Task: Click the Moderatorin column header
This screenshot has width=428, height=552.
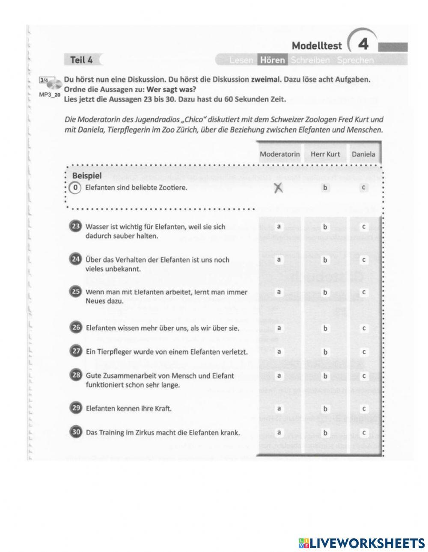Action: (x=279, y=154)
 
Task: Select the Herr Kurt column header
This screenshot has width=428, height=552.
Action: (x=325, y=154)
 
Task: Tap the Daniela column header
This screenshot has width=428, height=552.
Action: (x=363, y=154)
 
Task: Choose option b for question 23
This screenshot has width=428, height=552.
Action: (x=325, y=227)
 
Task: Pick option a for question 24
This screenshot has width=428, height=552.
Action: (x=279, y=260)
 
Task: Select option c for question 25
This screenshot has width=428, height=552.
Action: (x=363, y=292)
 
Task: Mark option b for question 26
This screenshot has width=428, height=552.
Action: (x=325, y=328)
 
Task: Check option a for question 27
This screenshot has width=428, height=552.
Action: (x=279, y=352)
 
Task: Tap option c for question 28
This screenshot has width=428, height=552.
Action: (x=363, y=376)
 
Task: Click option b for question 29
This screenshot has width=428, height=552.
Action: (x=325, y=408)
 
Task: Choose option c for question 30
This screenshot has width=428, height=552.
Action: (x=363, y=433)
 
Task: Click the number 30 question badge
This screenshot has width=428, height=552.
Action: (x=75, y=432)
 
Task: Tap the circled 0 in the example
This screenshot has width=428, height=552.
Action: (x=75, y=188)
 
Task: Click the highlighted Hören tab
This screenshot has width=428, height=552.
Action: (x=272, y=60)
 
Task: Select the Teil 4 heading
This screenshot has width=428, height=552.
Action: (x=81, y=60)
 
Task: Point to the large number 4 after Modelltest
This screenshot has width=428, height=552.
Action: (x=363, y=44)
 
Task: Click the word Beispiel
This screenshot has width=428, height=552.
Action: (x=87, y=176)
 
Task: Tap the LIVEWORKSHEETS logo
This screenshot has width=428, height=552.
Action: (x=362, y=543)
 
